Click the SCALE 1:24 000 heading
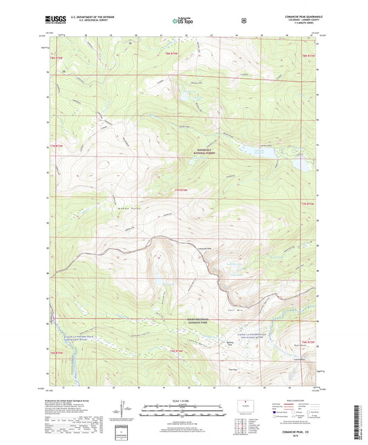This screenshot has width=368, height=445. click(x=183, y=399)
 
